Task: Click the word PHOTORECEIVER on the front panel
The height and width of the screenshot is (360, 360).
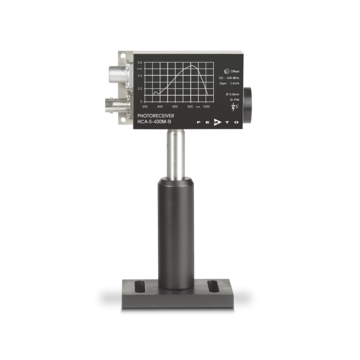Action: [155, 117]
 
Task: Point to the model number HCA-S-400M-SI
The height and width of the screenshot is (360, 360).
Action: [157, 124]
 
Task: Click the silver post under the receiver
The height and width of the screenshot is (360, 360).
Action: [174, 150]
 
